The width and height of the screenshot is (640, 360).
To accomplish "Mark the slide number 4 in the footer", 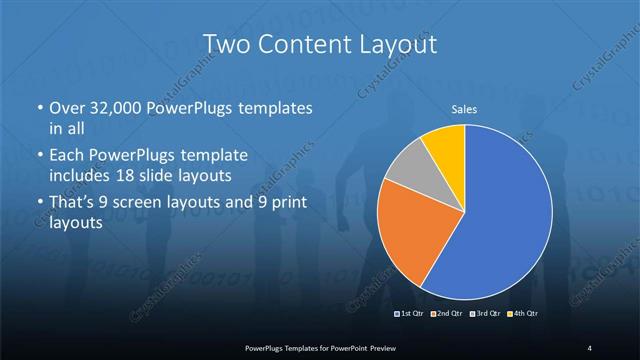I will (x=590, y=347).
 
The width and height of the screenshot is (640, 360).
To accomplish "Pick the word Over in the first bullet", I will (x=68, y=106).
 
